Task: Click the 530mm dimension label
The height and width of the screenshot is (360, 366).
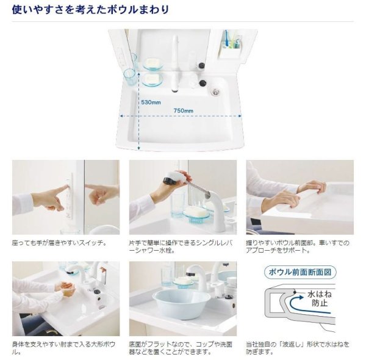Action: tap(151, 103)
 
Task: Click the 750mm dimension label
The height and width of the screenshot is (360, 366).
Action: tap(183, 110)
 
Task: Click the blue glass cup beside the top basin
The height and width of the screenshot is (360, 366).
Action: tap(129, 76)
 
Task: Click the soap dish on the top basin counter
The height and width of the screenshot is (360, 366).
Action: tap(152, 64)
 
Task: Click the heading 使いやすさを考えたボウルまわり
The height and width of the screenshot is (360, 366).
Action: tap(90, 10)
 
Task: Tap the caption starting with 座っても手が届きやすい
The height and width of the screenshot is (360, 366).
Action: tap(59, 242)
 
